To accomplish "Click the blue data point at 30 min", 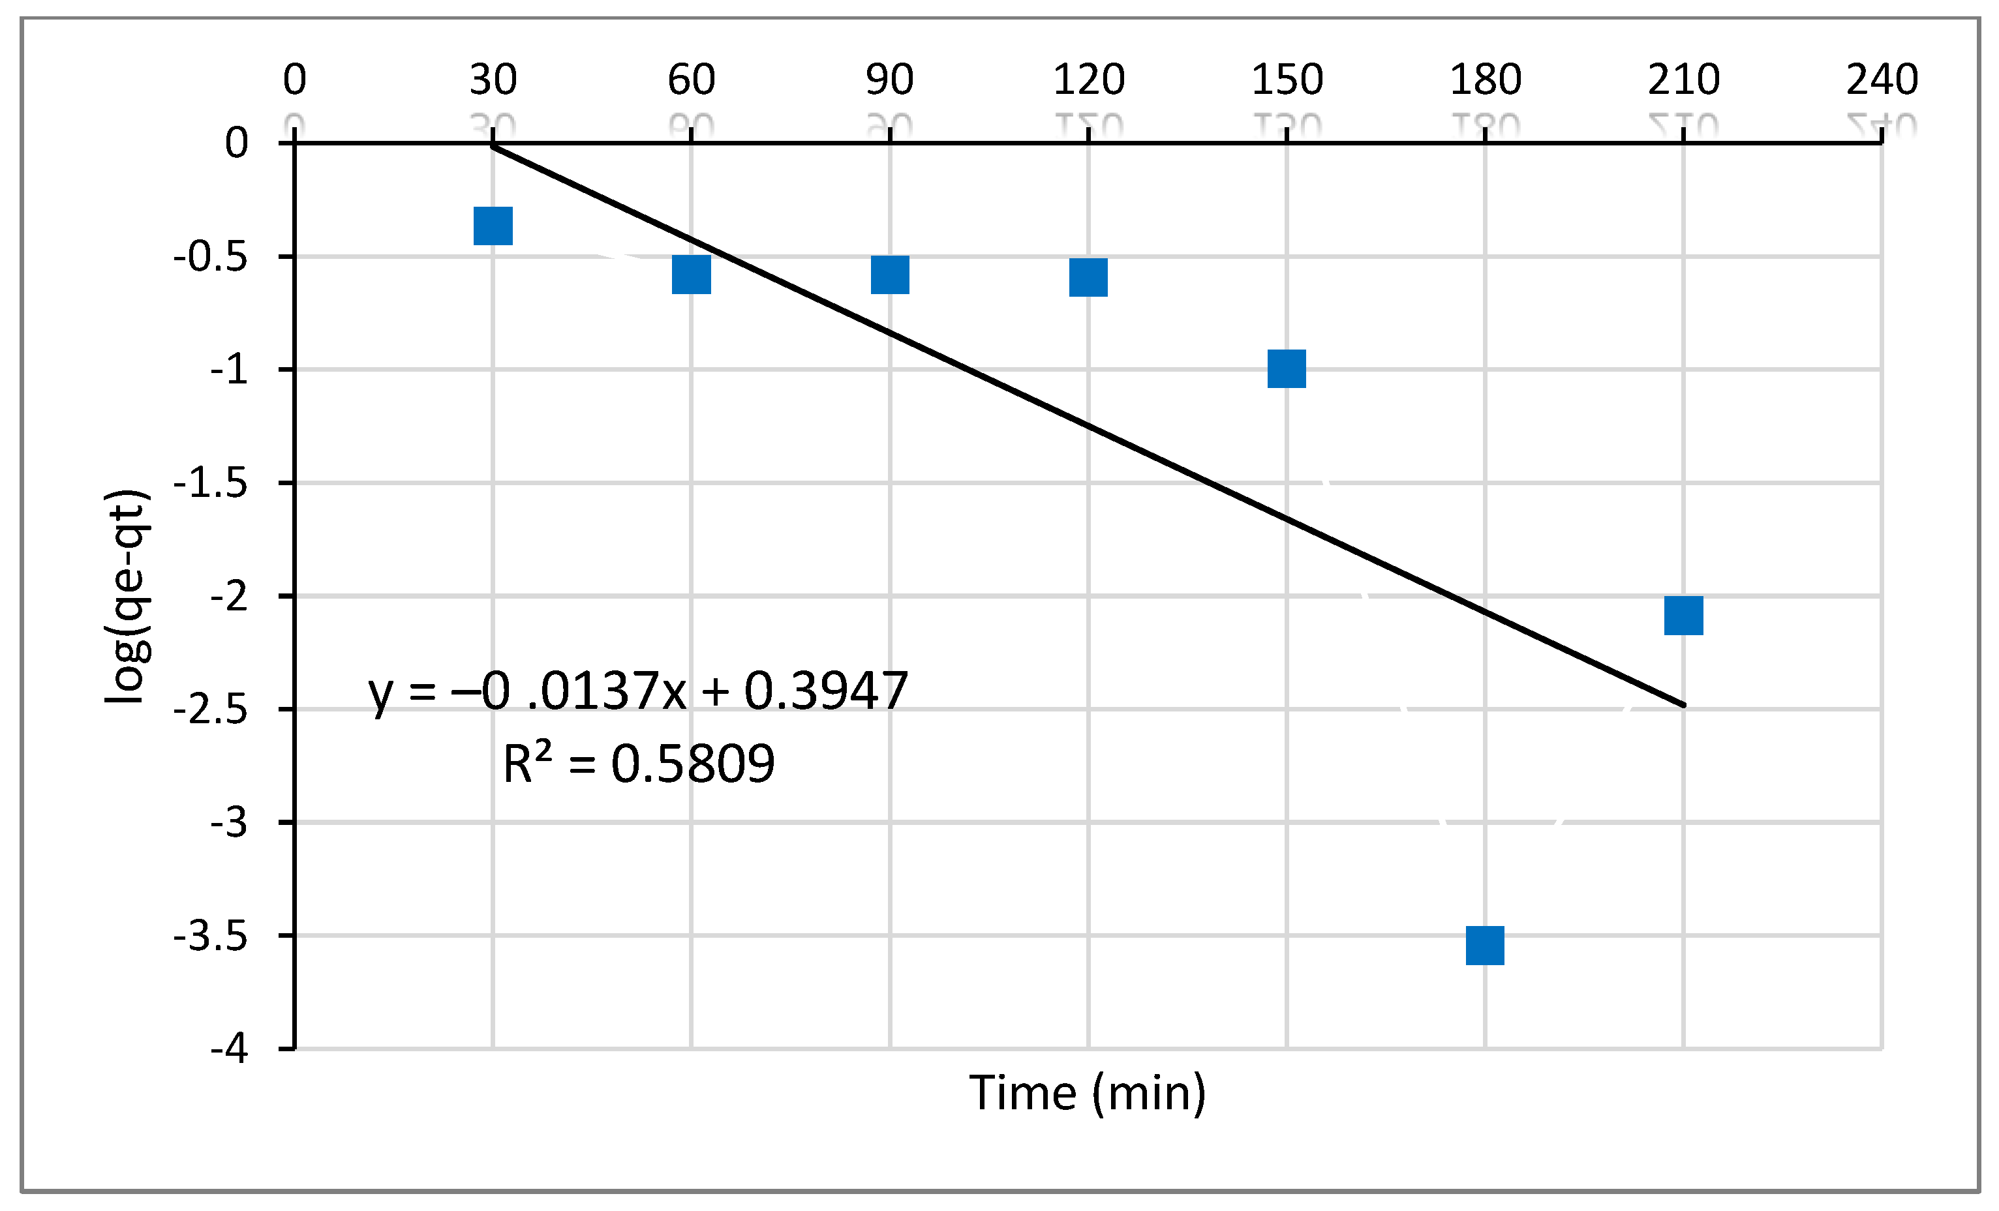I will [x=493, y=226].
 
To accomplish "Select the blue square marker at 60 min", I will [x=691, y=274].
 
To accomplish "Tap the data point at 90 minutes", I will [x=890, y=274].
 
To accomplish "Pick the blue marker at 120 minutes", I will [x=1088, y=277].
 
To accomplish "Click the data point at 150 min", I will [x=1287, y=369].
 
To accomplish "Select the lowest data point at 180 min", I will [x=1485, y=945].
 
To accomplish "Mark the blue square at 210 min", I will [x=1683, y=616].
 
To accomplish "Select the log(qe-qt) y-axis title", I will [x=127, y=596].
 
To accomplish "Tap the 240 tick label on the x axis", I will [x=1882, y=80].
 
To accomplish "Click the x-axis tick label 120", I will [x=1088, y=80].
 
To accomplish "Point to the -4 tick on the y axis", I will [x=229, y=1049].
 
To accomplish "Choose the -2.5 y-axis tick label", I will [x=210, y=710].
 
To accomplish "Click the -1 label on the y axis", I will [x=229, y=370].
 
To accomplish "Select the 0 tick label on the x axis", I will [x=294, y=80].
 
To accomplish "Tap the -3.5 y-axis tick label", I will [x=210, y=936].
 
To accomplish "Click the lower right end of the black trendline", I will [x=1683, y=704].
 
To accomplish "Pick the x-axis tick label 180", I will [x=1485, y=80].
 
